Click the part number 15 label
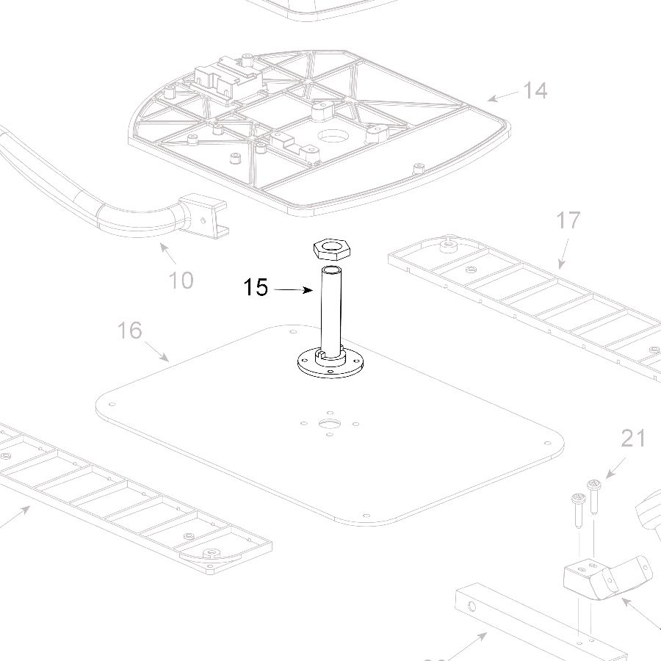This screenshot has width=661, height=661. [x=256, y=288]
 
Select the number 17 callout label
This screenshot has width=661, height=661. [x=568, y=220]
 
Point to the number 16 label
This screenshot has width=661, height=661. [x=129, y=330]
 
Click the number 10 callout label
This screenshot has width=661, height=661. [x=181, y=280]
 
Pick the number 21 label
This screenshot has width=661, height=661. [x=633, y=438]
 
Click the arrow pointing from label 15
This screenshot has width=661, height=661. [x=293, y=290]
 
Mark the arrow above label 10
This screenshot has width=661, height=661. [x=168, y=254]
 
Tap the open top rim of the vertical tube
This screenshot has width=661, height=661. [x=332, y=270]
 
